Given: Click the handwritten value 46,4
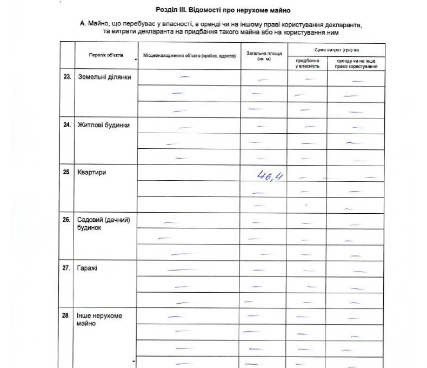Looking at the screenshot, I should coord(271,176).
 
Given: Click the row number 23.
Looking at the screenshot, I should coord(67,77).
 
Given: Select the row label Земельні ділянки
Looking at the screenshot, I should coord(101,77).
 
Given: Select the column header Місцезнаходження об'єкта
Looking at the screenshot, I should coord(189,56).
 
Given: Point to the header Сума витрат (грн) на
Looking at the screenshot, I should coord(336,49).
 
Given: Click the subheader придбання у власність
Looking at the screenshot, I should coord(307,63).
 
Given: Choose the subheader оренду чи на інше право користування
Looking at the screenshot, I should coord(356,63).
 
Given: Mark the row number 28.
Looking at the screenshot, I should coord(67,316).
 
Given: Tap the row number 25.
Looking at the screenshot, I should coord(67,173).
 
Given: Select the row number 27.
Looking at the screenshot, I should coord(67,268).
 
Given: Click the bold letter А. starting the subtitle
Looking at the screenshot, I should coord(82,25).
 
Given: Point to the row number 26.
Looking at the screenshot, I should coord(67,220).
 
